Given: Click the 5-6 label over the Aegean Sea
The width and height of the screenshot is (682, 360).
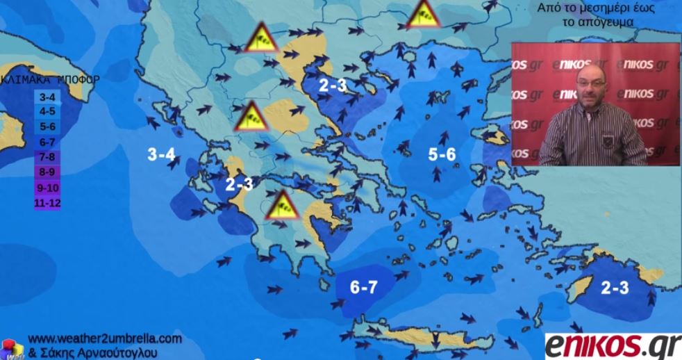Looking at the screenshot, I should click(442, 154).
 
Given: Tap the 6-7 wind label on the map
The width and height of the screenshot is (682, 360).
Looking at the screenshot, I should click(363, 287).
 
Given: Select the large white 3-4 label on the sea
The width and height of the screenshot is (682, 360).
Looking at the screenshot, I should click(161, 154).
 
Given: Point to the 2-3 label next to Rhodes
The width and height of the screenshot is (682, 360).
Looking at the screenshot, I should click(615, 287).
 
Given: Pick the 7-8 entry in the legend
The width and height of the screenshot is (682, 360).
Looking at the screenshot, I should click(46, 156).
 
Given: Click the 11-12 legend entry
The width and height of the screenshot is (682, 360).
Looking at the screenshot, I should click(46, 203).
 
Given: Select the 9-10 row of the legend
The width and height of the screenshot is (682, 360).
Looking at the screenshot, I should click(46, 187).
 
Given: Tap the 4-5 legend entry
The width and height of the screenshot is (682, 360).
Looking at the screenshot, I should click(46, 111).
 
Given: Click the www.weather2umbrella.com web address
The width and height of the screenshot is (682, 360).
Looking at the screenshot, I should click(105, 338).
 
